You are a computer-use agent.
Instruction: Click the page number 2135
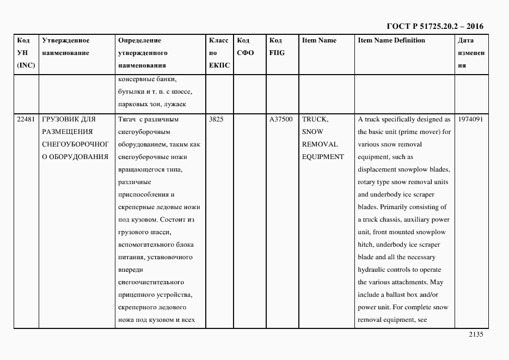[475, 335]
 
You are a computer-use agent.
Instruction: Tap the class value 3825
[217, 119]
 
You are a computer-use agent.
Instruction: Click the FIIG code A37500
[281, 119]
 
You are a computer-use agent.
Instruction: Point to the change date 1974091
[470, 119]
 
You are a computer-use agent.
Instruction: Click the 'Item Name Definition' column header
[391, 40]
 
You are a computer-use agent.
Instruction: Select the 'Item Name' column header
[319, 40]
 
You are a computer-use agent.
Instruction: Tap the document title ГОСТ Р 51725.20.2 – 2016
[434, 26]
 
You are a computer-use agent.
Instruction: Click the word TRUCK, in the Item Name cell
[315, 119]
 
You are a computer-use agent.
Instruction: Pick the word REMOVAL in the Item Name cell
[320, 144]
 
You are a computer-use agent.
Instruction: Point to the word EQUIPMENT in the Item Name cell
[323, 157]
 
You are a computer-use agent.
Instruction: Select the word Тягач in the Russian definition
[127, 119]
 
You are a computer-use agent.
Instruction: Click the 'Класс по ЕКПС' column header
[219, 53]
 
